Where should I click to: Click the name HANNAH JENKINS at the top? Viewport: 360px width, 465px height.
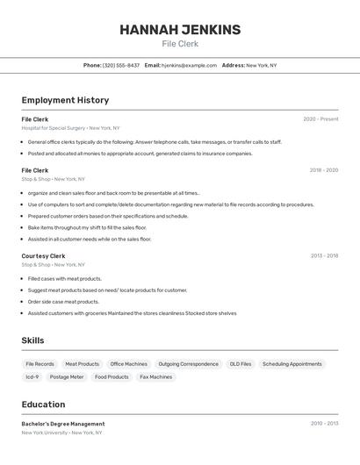(180, 30)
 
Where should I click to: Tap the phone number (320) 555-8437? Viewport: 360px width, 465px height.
(121, 65)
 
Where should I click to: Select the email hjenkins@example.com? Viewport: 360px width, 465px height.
(189, 65)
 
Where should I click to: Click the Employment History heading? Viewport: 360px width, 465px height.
(65, 101)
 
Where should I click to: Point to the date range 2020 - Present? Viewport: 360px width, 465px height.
(320, 119)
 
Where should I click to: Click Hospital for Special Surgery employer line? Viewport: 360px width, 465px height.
(70, 128)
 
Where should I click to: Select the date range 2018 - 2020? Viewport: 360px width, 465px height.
(323, 170)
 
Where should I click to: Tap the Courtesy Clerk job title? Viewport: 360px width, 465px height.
(44, 256)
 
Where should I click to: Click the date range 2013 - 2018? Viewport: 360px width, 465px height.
(324, 256)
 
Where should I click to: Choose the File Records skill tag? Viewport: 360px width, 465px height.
(40, 364)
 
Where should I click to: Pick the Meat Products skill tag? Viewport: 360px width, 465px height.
(83, 364)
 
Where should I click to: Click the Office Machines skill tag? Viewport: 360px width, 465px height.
(129, 364)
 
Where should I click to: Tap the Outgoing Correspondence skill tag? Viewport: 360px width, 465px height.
(189, 364)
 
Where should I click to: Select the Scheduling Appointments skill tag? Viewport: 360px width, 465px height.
(292, 364)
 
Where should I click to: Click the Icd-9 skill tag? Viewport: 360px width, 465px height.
(32, 377)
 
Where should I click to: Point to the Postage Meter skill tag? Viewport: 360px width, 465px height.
(67, 377)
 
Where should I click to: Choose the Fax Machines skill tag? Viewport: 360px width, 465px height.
(156, 377)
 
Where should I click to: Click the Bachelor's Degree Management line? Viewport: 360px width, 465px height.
(63, 424)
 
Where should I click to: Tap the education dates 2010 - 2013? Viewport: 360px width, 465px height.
(324, 424)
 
